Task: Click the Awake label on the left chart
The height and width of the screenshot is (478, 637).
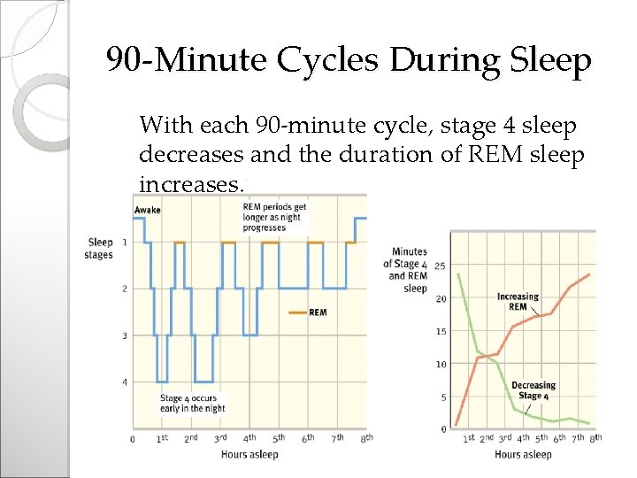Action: [x=148, y=210]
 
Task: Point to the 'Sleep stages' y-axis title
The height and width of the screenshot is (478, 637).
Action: [x=100, y=248]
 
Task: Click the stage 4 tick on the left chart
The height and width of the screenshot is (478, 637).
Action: [x=124, y=382]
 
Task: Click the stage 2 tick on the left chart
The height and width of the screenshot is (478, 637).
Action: [x=124, y=289]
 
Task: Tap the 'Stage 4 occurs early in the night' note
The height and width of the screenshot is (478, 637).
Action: [x=193, y=404]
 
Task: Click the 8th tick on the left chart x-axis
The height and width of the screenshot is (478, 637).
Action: [x=365, y=438]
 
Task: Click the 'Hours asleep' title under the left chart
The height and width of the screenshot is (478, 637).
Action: [x=250, y=455]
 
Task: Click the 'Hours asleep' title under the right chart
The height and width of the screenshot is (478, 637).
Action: [x=523, y=455]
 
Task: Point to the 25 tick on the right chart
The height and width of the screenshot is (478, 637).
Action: [x=440, y=266]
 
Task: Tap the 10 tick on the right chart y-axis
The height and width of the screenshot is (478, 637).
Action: [x=440, y=364]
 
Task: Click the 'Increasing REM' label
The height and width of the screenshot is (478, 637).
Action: [x=518, y=302]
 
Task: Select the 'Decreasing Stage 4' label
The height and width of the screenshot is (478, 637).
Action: [x=533, y=390]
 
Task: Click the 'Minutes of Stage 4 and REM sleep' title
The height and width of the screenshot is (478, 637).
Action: [x=406, y=270]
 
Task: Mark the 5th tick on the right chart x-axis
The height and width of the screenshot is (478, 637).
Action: [x=541, y=438]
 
